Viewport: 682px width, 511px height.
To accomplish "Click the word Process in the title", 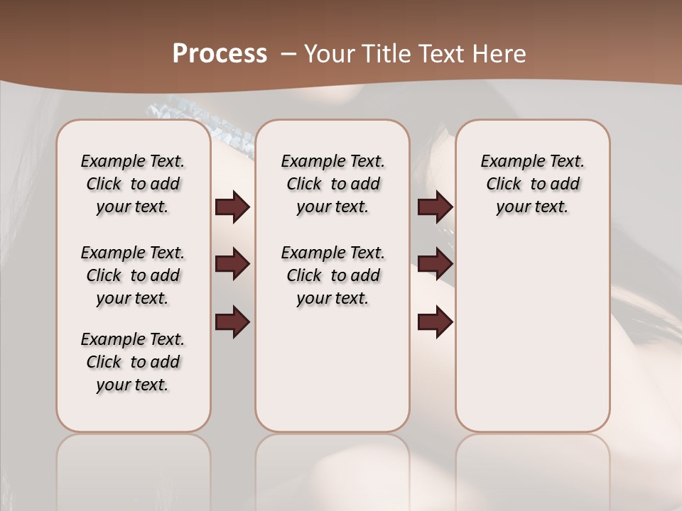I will click(x=220, y=54).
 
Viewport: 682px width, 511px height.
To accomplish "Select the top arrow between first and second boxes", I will click(x=232, y=207).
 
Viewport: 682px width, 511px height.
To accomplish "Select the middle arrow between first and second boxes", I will click(x=232, y=264).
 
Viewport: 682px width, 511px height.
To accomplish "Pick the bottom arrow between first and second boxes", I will click(x=232, y=322).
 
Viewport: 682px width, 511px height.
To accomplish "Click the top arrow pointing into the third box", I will click(x=435, y=207).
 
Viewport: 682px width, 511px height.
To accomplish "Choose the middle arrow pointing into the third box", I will click(x=435, y=264).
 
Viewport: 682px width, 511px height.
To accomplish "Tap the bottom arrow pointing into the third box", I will click(x=435, y=322).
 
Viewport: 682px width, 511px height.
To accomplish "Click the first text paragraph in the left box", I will click(x=133, y=184).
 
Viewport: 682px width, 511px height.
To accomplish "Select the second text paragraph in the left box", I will click(x=133, y=275).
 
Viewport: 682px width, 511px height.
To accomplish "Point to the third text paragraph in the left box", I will click(x=133, y=362).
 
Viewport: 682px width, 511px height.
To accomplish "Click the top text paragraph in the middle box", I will click(x=332, y=184).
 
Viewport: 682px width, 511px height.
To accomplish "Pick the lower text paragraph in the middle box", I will click(x=332, y=275).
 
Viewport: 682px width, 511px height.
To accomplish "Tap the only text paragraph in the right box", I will click(x=532, y=184).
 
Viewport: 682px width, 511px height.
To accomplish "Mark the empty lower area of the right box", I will click(x=532, y=334).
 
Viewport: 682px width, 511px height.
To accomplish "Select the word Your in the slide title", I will click(x=327, y=54).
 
